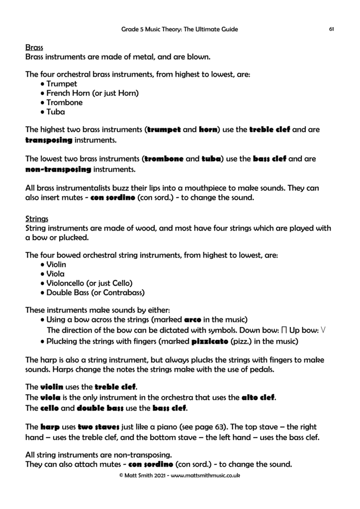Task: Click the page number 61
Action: [x=331, y=29]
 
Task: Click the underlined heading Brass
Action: [x=34, y=48]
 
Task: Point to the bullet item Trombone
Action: [x=64, y=103]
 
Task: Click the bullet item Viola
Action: [x=55, y=274]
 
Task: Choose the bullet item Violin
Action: [x=56, y=264]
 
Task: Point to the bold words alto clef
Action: [x=258, y=398]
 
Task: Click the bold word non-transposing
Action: [x=58, y=170]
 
